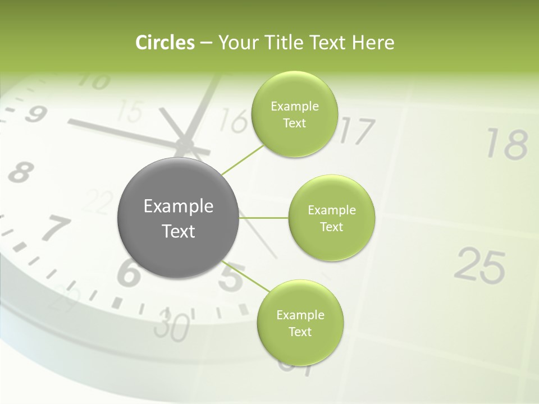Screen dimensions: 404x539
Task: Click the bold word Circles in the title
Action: pos(165,43)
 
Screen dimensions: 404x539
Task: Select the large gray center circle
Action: pos(179,218)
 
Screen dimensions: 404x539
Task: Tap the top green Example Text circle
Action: pos(295,114)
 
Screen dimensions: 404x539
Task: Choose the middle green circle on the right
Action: pos(332,218)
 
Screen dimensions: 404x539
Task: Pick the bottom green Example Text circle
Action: pos(300,323)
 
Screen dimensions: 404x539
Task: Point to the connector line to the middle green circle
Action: pos(263,218)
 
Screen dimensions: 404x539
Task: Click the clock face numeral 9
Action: pos(35,114)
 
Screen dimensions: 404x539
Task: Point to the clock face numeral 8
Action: pos(20,171)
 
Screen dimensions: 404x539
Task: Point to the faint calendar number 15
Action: pos(131,112)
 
